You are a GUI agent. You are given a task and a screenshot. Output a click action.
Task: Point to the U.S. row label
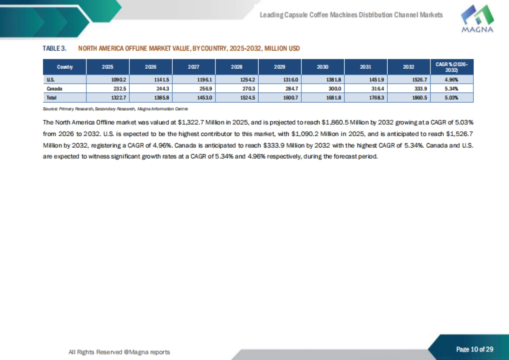(50, 79)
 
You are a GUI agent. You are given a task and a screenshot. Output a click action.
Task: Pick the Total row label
(51, 97)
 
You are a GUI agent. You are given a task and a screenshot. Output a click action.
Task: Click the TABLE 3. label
(55, 48)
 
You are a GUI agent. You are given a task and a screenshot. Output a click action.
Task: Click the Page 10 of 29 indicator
(475, 349)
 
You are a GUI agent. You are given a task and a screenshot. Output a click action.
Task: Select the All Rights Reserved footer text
(119, 352)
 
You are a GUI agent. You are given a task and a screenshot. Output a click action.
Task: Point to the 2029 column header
(280, 67)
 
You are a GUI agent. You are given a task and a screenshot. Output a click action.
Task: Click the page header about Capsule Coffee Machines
(351, 15)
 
